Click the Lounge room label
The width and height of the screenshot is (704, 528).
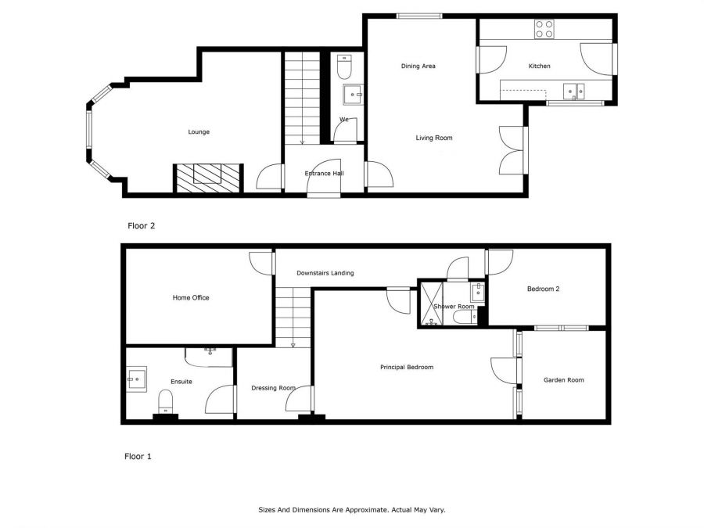(x=199, y=132)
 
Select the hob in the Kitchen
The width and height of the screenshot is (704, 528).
(x=544, y=29)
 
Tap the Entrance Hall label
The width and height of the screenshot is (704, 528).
(x=324, y=174)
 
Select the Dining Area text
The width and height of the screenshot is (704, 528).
(x=418, y=66)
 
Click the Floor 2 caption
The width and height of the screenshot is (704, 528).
(x=142, y=226)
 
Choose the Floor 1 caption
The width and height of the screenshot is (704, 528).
(x=138, y=456)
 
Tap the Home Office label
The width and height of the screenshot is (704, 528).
(x=191, y=297)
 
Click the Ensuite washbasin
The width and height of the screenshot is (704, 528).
(x=138, y=379)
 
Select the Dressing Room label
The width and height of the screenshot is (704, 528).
(x=273, y=388)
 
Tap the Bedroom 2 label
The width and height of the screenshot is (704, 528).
(x=543, y=289)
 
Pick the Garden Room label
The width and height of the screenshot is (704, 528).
(x=563, y=380)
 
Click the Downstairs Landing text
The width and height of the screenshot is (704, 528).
(x=325, y=273)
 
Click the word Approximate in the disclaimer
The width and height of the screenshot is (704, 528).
(x=362, y=510)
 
